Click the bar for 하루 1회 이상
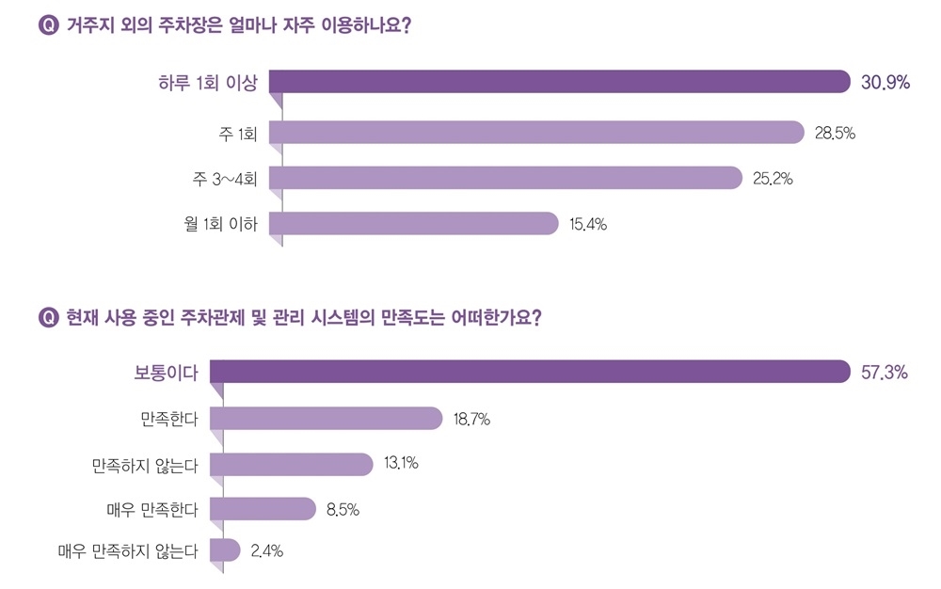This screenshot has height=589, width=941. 559,82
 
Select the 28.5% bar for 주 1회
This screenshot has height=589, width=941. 536,133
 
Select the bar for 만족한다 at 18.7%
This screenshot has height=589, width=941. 326,418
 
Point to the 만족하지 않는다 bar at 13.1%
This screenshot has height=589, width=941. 292,464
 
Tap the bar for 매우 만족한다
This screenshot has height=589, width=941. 263,509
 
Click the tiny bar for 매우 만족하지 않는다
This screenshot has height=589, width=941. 226,550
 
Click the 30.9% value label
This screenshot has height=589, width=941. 885,83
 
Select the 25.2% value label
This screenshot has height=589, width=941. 773,178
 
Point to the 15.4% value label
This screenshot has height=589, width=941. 588,224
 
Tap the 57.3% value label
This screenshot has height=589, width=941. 883,373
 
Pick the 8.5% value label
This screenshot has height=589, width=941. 343,510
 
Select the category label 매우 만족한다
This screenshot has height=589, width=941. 152,510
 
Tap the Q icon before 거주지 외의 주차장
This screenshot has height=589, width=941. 47,26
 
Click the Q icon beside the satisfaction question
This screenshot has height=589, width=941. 47,317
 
